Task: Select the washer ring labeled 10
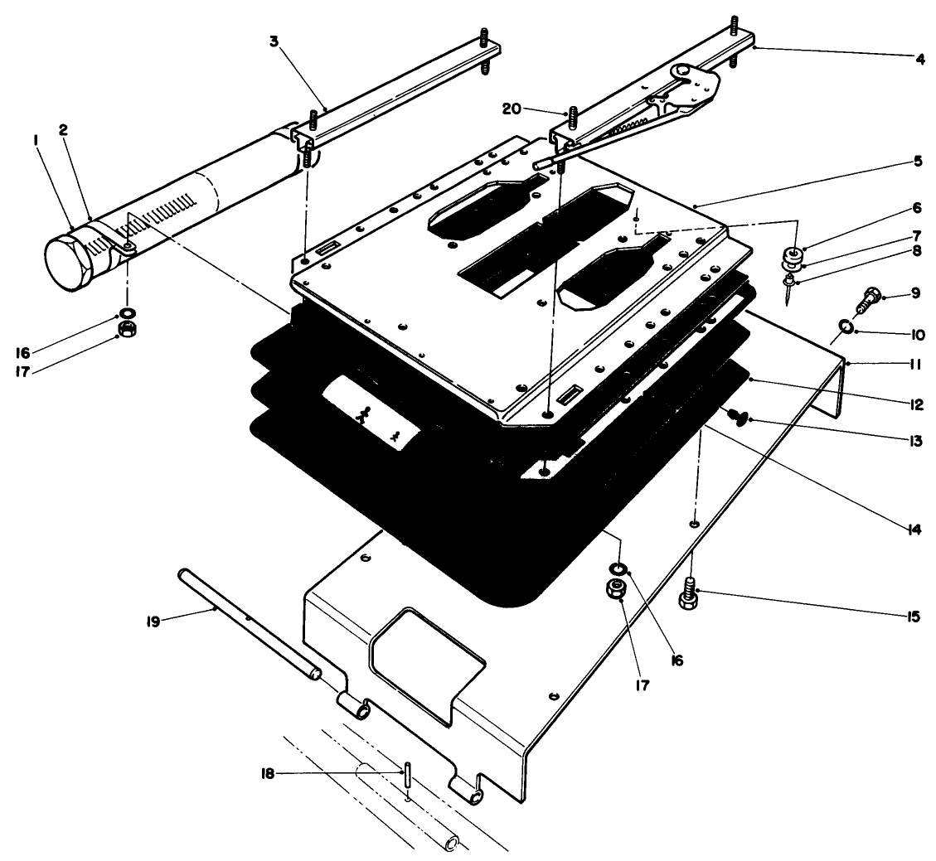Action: pos(844,327)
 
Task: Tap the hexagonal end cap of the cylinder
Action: pos(68,264)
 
